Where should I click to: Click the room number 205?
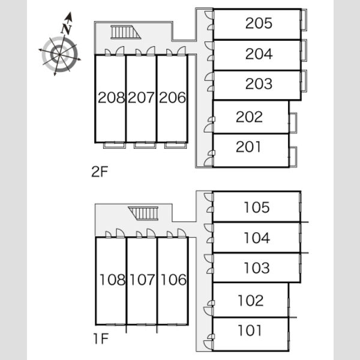pyautogui.click(x=259, y=23)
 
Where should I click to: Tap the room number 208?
pyautogui.click(x=112, y=98)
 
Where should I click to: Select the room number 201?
pyautogui.click(x=248, y=147)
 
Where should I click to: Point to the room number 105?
pyautogui.click(x=257, y=208)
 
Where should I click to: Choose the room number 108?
pyautogui.click(x=113, y=280)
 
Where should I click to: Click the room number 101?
pyautogui.click(x=250, y=331)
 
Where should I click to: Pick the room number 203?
pyautogui.click(x=259, y=83)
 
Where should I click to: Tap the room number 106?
pyautogui.click(x=173, y=280)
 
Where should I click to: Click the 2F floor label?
pyautogui.click(x=100, y=172)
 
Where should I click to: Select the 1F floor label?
pyautogui.click(x=101, y=338)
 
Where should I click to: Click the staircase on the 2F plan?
pyautogui.click(x=125, y=32)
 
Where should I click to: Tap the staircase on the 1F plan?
pyautogui.click(x=143, y=213)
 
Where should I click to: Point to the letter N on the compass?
pyautogui.click(x=67, y=29)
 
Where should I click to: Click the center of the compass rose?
pyautogui.click(x=59, y=54)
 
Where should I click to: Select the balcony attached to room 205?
pyautogui.click(x=304, y=20)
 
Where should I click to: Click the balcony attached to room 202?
pyautogui.click(x=293, y=123)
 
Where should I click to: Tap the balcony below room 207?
pyautogui.click(x=145, y=145)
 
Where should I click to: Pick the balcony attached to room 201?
pyautogui.click(x=293, y=157)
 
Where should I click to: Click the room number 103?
pyautogui.click(x=257, y=268)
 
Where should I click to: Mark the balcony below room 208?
pyautogui.click(x=115, y=145)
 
